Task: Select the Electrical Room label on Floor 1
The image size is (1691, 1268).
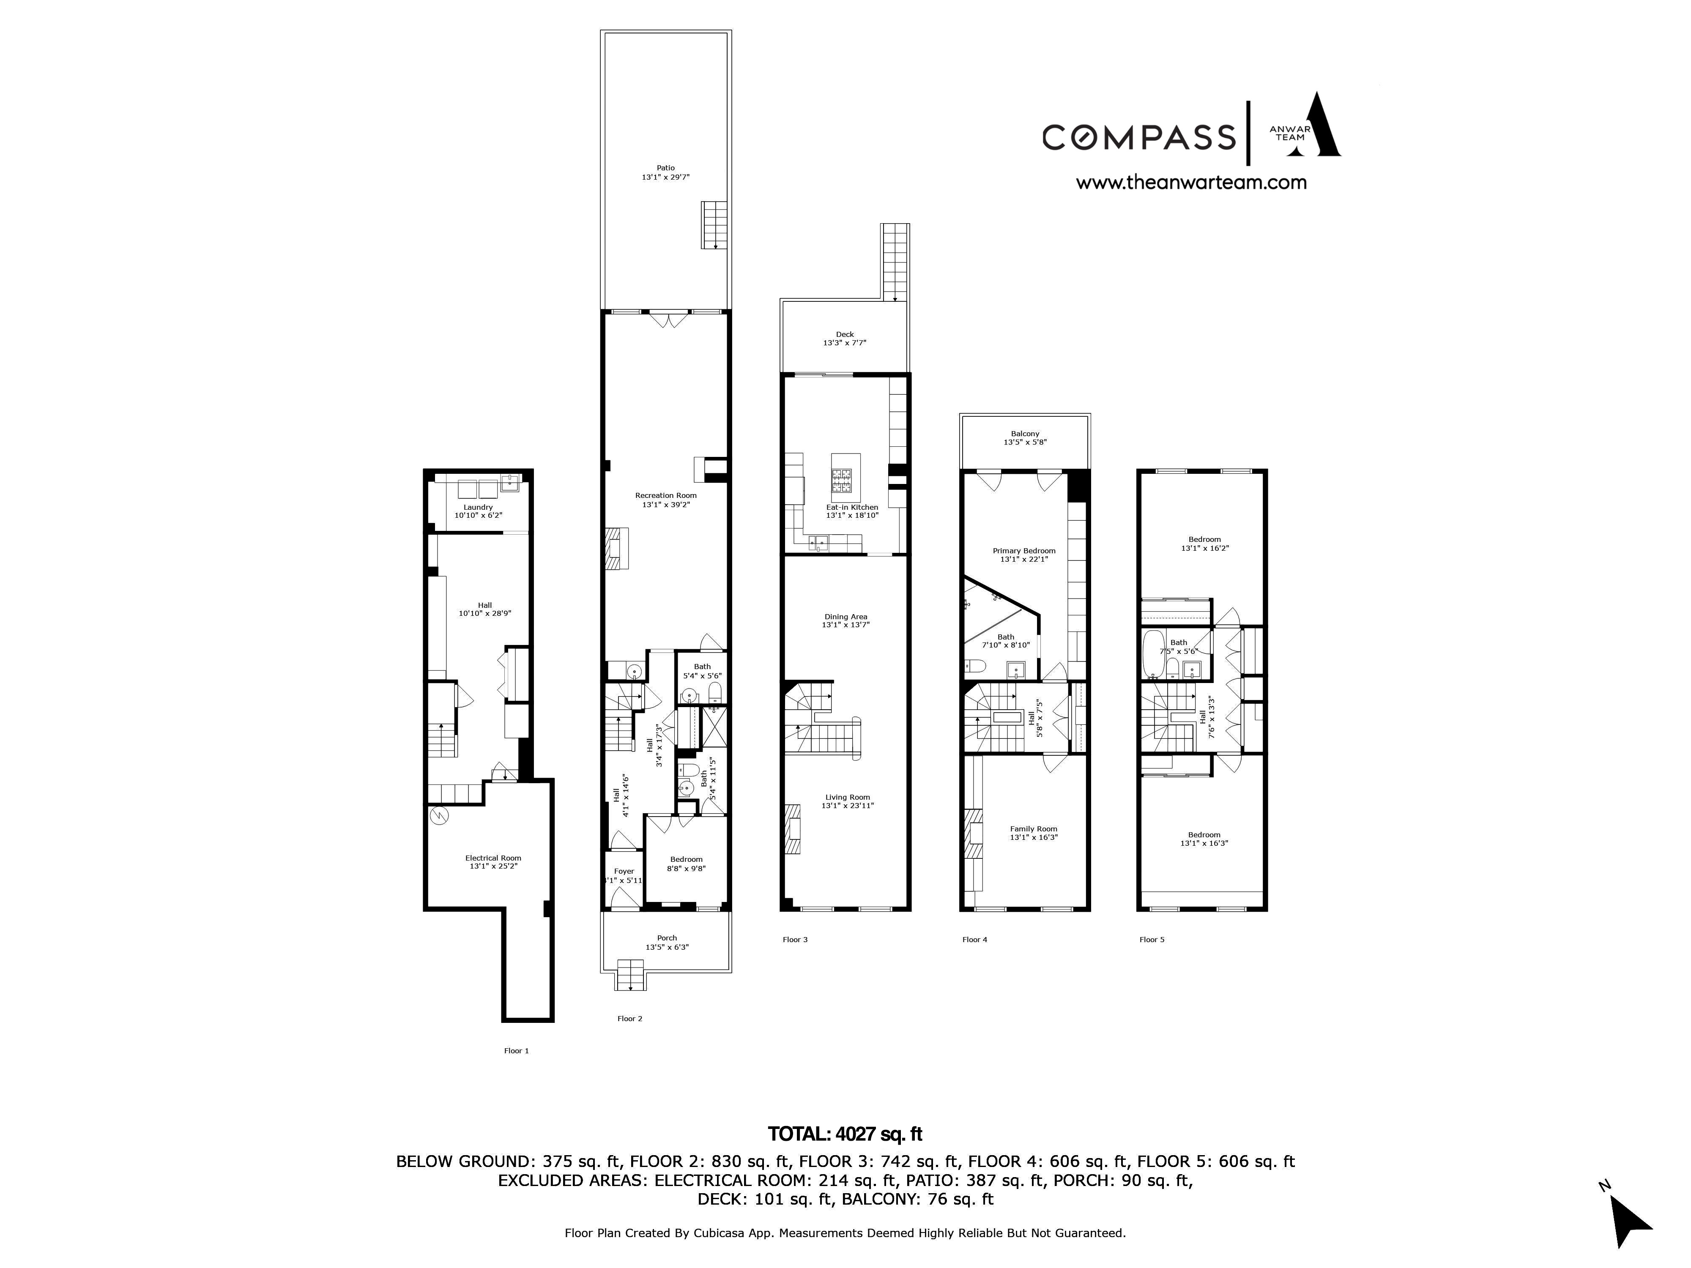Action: [x=493, y=862]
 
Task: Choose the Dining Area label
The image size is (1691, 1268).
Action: [x=845, y=620]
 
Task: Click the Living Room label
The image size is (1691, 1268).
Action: [x=847, y=801]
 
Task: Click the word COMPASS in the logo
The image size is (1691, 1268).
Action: [x=1139, y=137]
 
